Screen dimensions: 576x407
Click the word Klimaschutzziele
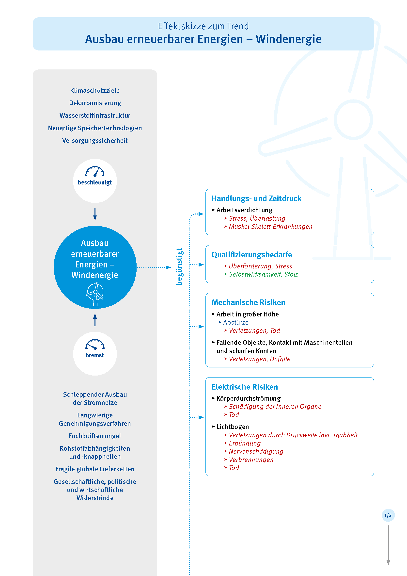(95, 91)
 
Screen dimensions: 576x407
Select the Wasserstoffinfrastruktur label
(95, 115)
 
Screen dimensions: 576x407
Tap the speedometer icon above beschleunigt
(95, 172)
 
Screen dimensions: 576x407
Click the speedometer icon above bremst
(95, 345)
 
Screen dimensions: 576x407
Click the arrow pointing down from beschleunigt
(95, 214)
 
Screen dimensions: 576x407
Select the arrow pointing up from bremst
(95, 320)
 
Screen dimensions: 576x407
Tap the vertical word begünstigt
(179, 267)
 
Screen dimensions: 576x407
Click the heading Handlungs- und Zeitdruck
(256, 198)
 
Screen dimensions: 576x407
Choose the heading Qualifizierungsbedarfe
(252, 255)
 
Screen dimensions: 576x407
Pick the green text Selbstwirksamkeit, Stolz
(263, 274)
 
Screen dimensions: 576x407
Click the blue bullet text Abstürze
(235, 322)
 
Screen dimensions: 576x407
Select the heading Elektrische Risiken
(245, 387)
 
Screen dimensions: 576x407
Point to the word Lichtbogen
(233, 427)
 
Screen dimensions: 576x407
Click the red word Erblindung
(245, 443)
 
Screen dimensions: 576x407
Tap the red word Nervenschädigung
(256, 452)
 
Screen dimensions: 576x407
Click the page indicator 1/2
(388, 515)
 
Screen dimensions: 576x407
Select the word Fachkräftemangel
(95, 436)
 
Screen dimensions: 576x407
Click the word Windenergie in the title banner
(288, 39)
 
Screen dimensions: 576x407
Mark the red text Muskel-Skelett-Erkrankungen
(270, 227)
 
